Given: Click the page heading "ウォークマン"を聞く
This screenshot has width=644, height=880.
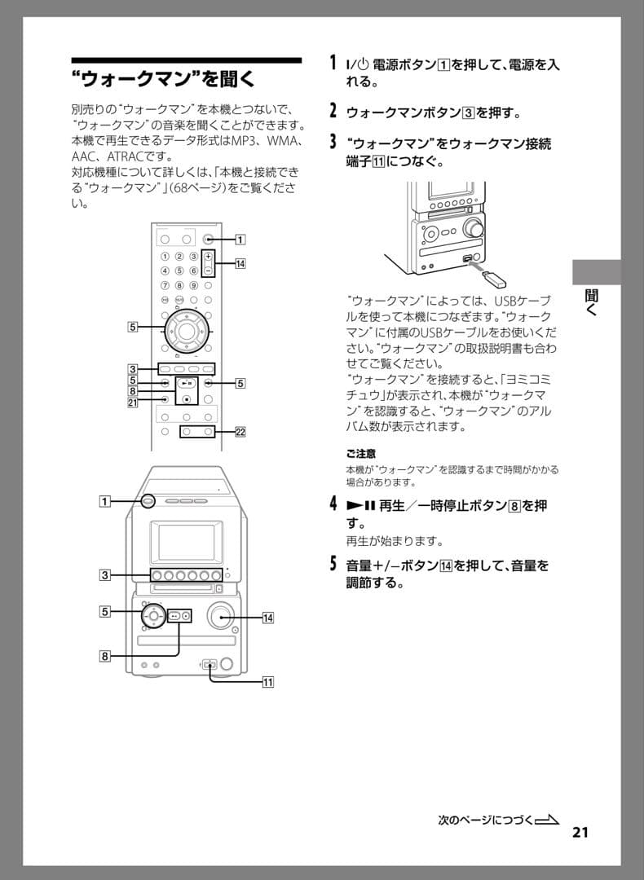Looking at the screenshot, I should [163, 80].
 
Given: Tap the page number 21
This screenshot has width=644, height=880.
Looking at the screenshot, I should [580, 832].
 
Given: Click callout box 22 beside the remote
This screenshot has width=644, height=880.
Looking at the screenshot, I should [240, 432].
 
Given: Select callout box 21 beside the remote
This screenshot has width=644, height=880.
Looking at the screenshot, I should [131, 401].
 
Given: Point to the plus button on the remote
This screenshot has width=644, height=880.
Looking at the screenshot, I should [208, 256].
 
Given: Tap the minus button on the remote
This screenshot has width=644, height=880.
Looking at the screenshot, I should [208, 269].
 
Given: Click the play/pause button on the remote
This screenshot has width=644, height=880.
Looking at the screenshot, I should [187, 382].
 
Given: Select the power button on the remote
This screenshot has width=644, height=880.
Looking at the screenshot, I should [209, 240].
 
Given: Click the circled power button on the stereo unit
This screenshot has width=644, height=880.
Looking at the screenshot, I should [148, 501].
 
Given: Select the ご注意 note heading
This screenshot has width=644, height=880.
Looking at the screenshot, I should [360, 453].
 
